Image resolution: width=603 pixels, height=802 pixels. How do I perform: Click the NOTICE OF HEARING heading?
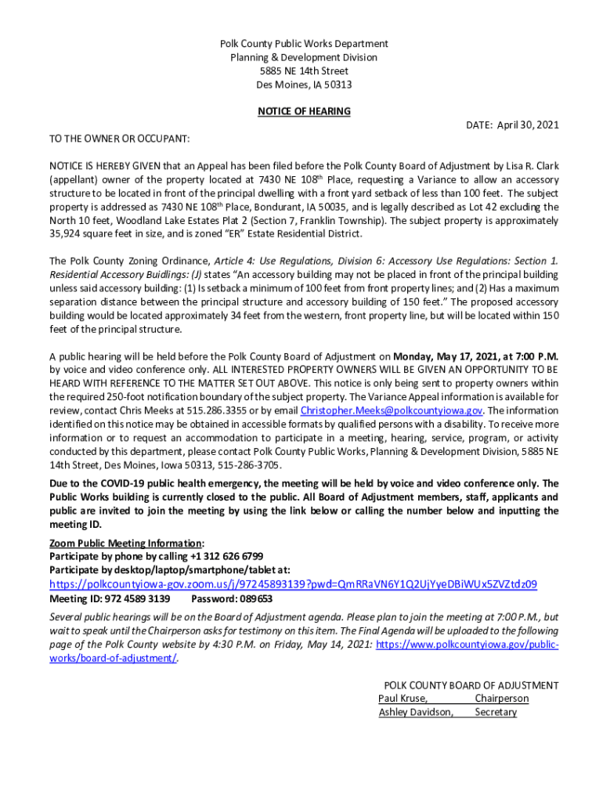click(304, 111)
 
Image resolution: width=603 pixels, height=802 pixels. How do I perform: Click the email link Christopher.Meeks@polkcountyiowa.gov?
click(392, 410)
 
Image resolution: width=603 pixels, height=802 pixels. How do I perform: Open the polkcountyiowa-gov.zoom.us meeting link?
click(293, 584)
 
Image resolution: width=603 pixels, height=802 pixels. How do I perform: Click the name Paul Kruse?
click(403, 698)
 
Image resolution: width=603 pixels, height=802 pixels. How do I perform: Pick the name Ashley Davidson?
click(415, 712)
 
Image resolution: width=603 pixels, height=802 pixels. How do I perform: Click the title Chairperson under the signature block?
click(501, 698)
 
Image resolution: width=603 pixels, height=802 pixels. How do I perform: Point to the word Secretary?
click(496, 712)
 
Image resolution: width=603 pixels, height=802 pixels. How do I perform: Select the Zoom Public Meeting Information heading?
click(125, 543)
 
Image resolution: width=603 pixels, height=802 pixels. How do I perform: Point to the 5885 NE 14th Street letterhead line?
click(304, 71)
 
